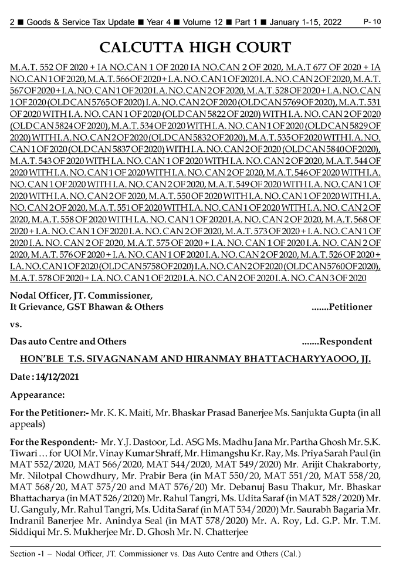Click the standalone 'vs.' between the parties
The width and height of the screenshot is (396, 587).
coord(16,323)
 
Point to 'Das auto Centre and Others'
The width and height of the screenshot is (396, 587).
coord(68,341)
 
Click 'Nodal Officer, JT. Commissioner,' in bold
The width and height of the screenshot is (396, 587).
coord(82,295)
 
